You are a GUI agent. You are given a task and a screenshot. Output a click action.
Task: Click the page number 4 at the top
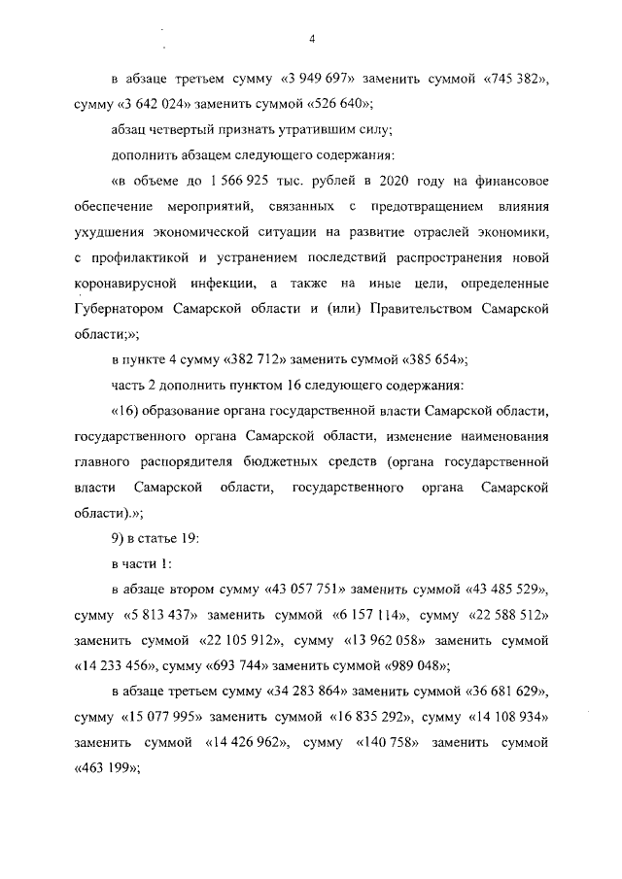coord(311,39)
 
